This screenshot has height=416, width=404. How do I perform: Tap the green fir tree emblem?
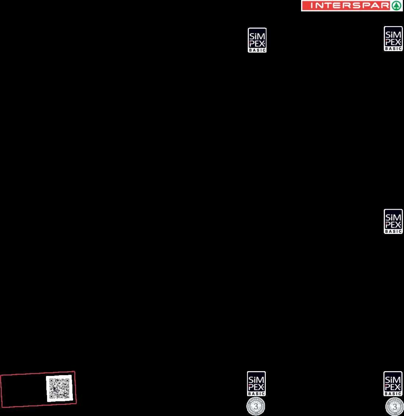396,6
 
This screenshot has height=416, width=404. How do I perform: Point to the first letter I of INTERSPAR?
311,6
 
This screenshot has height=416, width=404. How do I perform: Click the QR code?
59,388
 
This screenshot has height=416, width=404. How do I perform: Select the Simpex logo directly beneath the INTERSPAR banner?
393,38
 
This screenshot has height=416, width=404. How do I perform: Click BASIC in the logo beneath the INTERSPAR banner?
393,49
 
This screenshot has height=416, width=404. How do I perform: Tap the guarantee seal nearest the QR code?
255,406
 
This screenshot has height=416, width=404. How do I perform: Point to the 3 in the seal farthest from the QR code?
394,407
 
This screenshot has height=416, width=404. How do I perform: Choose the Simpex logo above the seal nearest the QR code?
256,384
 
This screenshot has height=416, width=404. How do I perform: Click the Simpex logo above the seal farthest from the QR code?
393,384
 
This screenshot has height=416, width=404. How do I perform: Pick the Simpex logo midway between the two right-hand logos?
393,221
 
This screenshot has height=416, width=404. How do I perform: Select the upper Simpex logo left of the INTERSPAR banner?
257,40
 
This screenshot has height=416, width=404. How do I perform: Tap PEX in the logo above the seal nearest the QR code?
256,387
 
